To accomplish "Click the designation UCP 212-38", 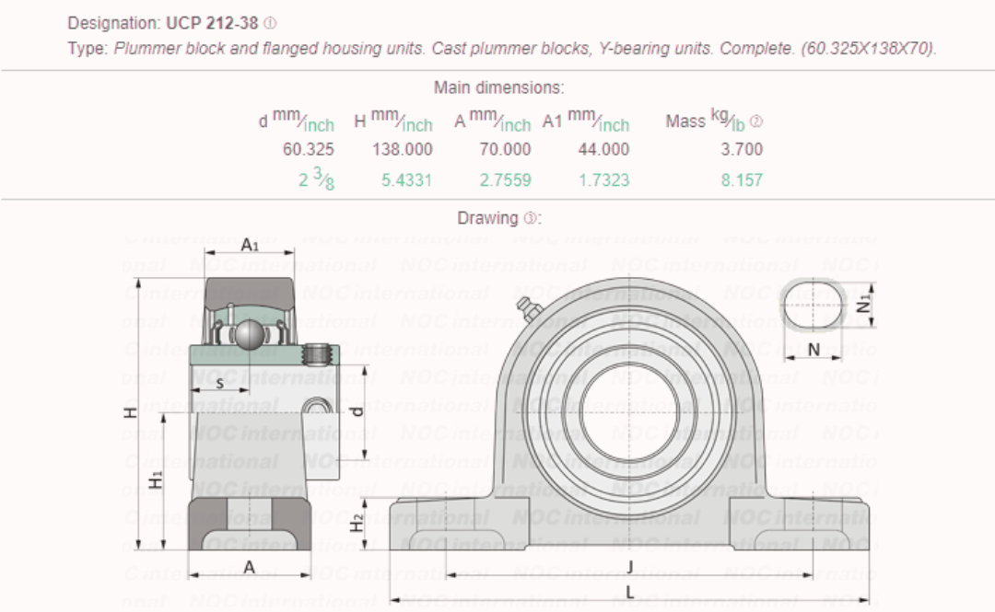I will [x=212, y=23].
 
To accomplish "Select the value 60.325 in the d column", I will [x=309, y=149].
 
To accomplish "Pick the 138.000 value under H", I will [x=402, y=149].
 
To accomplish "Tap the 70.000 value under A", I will [x=505, y=149].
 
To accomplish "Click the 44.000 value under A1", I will [x=603, y=149].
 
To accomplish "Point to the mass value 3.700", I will [x=742, y=149].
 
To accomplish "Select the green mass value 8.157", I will [x=742, y=180].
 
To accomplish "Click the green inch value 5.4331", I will [x=406, y=180].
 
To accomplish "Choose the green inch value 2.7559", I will [x=505, y=180].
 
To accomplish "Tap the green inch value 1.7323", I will [x=603, y=180].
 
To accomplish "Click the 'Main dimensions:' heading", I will [x=498, y=88].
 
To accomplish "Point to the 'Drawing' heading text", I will [x=487, y=219].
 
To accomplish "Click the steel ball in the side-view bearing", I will [x=248, y=335].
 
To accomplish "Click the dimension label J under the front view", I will [x=629, y=565].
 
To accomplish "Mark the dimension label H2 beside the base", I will [x=357, y=523].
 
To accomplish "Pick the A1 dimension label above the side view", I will [x=250, y=245].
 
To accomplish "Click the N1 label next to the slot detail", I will [x=863, y=303].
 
